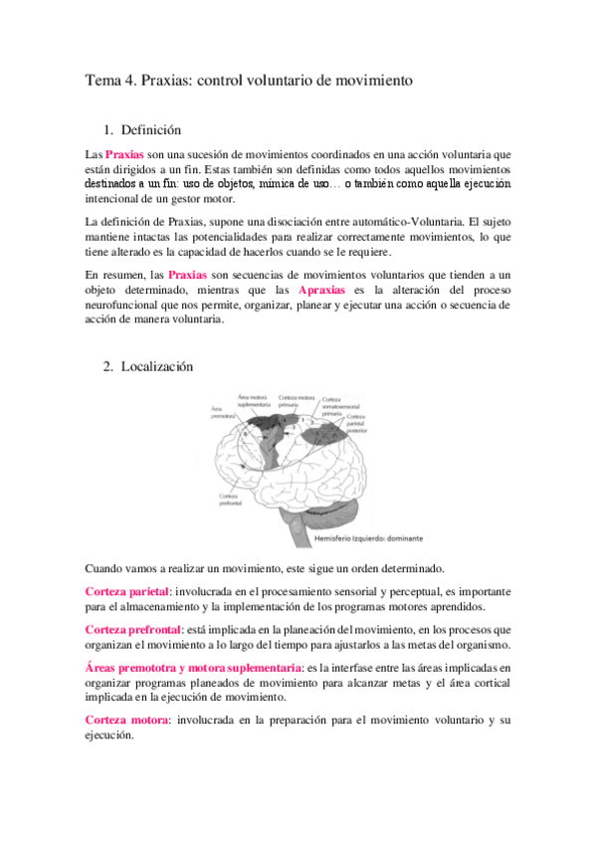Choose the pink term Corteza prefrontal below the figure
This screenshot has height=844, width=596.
(133, 630)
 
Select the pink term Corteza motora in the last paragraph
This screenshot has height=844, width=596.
(125, 719)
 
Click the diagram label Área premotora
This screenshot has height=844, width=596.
(222, 412)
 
